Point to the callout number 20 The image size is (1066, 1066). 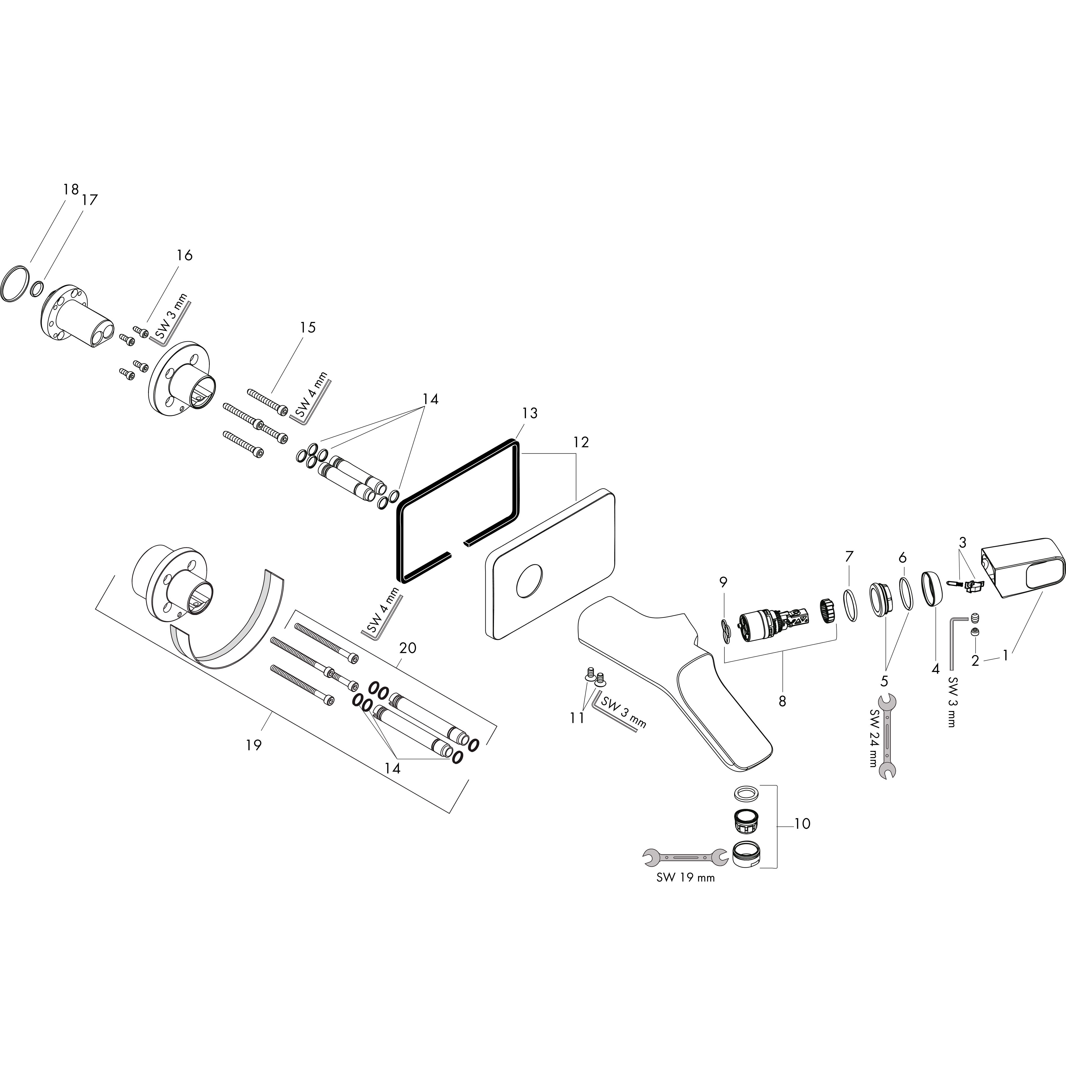pos(408,648)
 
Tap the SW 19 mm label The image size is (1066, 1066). pos(685,878)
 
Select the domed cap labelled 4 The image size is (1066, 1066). pos(931,590)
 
